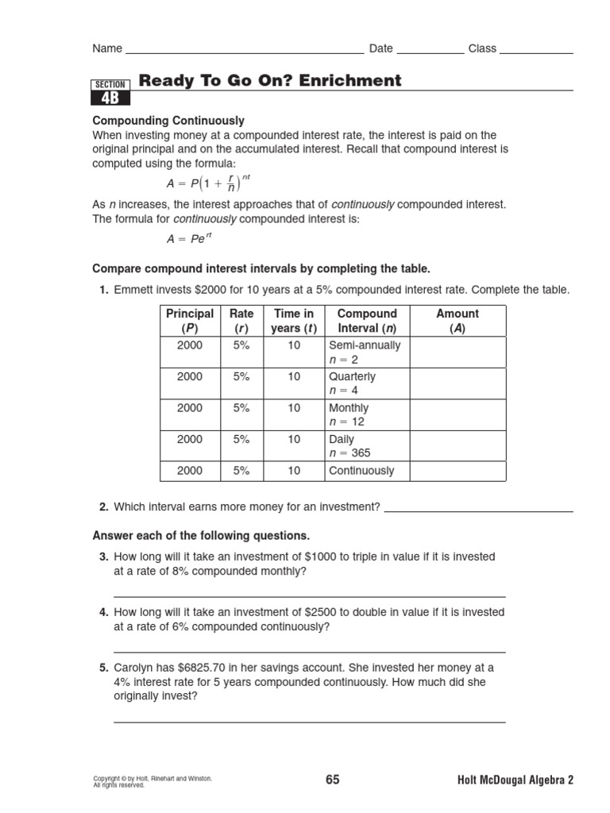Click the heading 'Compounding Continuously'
pyautogui.click(x=168, y=121)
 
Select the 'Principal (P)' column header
pyautogui.click(x=190, y=321)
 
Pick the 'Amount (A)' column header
pyautogui.click(x=457, y=321)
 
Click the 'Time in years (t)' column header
pyautogui.click(x=294, y=321)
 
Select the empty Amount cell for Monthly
pyautogui.click(x=457, y=414)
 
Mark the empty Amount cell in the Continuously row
pyautogui.click(x=457, y=471)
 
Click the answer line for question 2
pyautogui.click(x=478, y=510)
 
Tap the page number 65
pyautogui.click(x=332, y=780)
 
